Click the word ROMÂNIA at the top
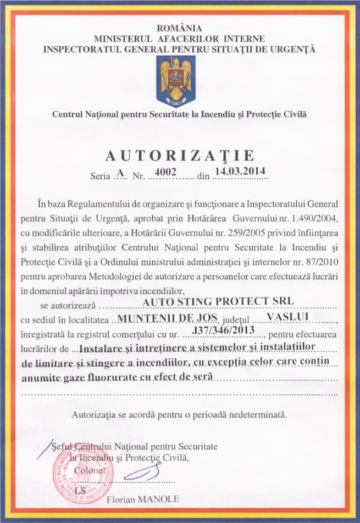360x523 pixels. pos(180,28)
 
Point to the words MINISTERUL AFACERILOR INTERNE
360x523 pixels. pos(180,38)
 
